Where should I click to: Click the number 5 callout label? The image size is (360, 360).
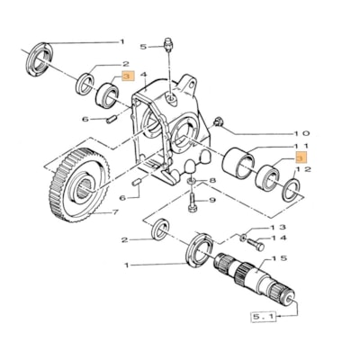click(x=141, y=45)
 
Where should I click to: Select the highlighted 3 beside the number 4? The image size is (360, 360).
click(x=128, y=78)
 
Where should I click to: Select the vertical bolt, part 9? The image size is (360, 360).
click(x=193, y=201)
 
